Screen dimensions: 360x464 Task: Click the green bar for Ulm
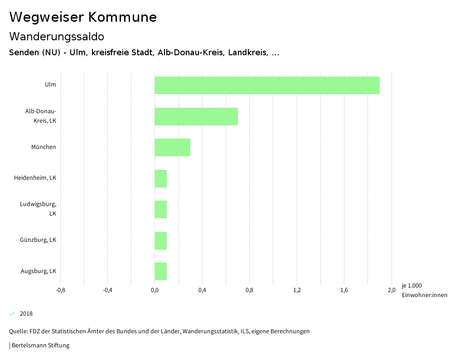(x=267, y=85)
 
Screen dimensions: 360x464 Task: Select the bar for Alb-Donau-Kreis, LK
(x=196, y=116)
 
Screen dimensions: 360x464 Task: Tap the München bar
(x=172, y=147)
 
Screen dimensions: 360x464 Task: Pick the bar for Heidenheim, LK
(x=160, y=178)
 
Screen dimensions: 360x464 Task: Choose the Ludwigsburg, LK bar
(x=160, y=209)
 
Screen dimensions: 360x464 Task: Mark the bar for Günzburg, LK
(x=160, y=240)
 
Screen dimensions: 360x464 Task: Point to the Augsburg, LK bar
(x=160, y=271)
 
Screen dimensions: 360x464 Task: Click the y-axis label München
(x=43, y=147)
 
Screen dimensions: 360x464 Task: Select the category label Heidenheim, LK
(x=35, y=178)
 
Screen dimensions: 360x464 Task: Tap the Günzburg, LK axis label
(x=38, y=240)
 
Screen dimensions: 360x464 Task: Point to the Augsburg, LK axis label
(x=39, y=271)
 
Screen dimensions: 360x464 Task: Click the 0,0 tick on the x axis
(x=155, y=290)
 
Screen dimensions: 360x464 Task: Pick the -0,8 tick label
(x=60, y=290)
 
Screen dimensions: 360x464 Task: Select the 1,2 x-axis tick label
(x=297, y=290)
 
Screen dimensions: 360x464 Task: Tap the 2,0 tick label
(x=391, y=290)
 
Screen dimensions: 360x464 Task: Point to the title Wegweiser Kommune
(x=83, y=17)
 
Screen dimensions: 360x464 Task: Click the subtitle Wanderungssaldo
(x=57, y=37)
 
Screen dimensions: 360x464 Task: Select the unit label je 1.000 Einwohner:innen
(x=424, y=290)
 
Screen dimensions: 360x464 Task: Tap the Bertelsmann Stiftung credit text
(x=40, y=346)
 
